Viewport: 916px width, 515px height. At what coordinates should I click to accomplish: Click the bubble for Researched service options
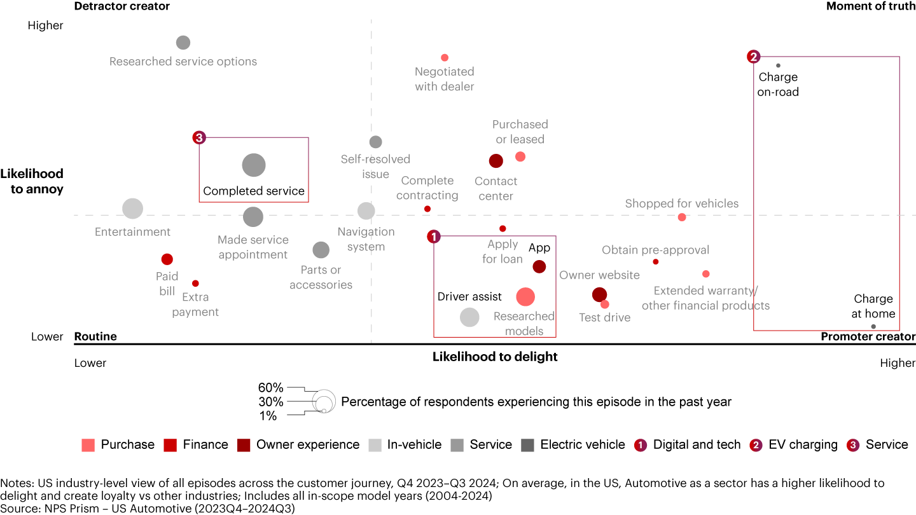[183, 43]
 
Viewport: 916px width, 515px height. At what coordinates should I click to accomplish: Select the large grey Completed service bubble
[254, 165]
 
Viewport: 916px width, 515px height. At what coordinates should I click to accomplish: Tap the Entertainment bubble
[132, 208]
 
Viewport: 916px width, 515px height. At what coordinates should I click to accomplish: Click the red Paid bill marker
[167, 259]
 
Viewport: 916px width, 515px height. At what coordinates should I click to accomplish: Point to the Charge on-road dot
[778, 65]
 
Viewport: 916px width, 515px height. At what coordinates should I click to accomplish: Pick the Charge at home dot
[873, 327]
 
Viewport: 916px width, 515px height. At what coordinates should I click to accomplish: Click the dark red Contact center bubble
[496, 161]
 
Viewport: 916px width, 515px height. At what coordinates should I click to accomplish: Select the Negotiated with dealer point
[445, 58]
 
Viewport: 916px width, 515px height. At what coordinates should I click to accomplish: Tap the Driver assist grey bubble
[469, 317]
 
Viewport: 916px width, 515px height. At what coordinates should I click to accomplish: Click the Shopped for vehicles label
[682, 203]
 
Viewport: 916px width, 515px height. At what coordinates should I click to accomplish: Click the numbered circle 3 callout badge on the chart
[199, 137]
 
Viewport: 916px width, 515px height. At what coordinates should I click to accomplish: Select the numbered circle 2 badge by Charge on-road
[754, 57]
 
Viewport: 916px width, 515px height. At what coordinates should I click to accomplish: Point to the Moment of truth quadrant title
[870, 6]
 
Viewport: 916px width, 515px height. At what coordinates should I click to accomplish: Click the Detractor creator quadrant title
[122, 6]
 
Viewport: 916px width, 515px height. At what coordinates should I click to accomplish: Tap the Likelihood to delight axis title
[495, 357]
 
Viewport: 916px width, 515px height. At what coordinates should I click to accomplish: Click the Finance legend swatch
[170, 445]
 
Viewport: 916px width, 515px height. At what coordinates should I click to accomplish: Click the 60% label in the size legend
[270, 388]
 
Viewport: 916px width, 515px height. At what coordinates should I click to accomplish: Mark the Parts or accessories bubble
[321, 250]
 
